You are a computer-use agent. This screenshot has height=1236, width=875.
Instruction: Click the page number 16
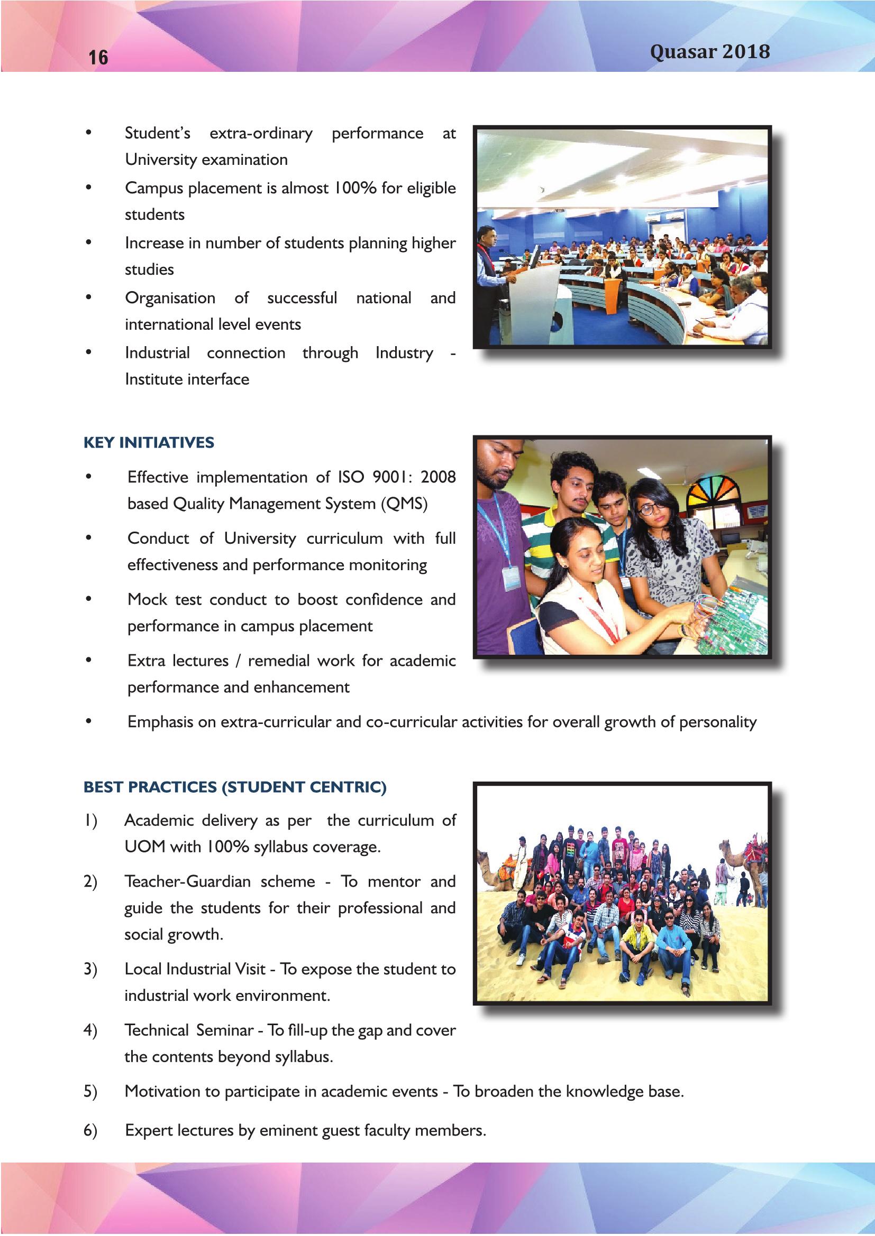(x=98, y=57)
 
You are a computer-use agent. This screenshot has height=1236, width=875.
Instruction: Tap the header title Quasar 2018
(x=709, y=52)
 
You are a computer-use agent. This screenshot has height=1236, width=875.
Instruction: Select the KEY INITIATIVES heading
(x=149, y=442)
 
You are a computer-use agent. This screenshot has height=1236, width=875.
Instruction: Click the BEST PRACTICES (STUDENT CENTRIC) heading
(x=235, y=787)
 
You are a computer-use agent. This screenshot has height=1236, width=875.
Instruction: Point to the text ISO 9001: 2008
(x=397, y=477)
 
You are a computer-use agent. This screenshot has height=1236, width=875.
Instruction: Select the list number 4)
(x=90, y=1030)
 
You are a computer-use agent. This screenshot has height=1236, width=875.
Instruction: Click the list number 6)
(x=90, y=1130)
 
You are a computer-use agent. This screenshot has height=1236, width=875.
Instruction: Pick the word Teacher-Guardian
(x=187, y=881)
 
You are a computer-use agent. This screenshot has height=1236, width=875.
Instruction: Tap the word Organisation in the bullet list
(x=170, y=298)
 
